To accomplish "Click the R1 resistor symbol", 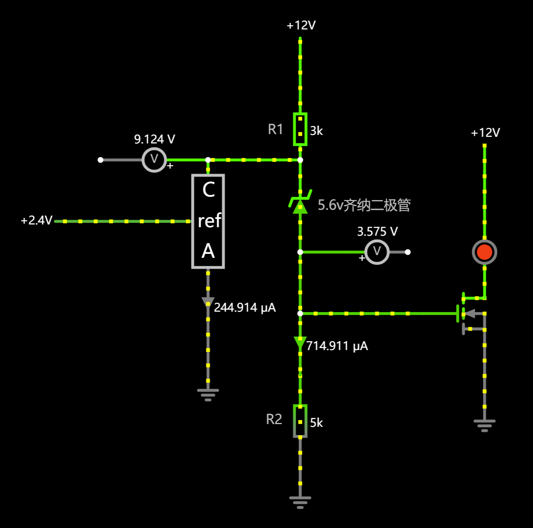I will pyautogui.click(x=300, y=129).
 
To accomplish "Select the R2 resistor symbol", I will pyautogui.click(x=300, y=421).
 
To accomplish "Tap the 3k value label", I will pyautogui.click(x=316, y=131).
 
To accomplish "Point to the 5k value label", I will pyautogui.click(x=316, y=423).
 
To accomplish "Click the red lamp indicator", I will pyautogui.click(x=485, y=252).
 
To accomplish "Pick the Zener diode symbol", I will pyautogui.click(x=300, y=203).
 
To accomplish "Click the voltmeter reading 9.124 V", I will pyautogui.click(x=154, y=159).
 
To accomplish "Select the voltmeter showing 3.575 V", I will pyautogui.click(x=377, y=252).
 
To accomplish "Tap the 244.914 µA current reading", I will pyautogui.click(x=245, y=307).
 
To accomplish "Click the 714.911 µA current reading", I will pyautogui.click(x=337, y=346).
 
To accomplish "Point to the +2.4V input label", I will pyautogui.click(x=36, y=221).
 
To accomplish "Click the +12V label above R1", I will pyautogui.click(x=301, y=26).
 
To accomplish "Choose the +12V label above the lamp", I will pyautogui.click(x=485, y=133).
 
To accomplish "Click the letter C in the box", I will pyautogui.click(x=209, y=190).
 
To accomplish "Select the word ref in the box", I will pyautogui.click(x=209, y=221).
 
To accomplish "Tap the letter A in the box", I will pyautogui.click(x=208, y=251).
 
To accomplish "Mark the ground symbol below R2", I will pyautogui.click(x=300, y=502).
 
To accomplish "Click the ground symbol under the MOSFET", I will pyautogui.click(x=485, y=425).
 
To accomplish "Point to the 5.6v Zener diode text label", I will pyautogui.click(x=364, y=205).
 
